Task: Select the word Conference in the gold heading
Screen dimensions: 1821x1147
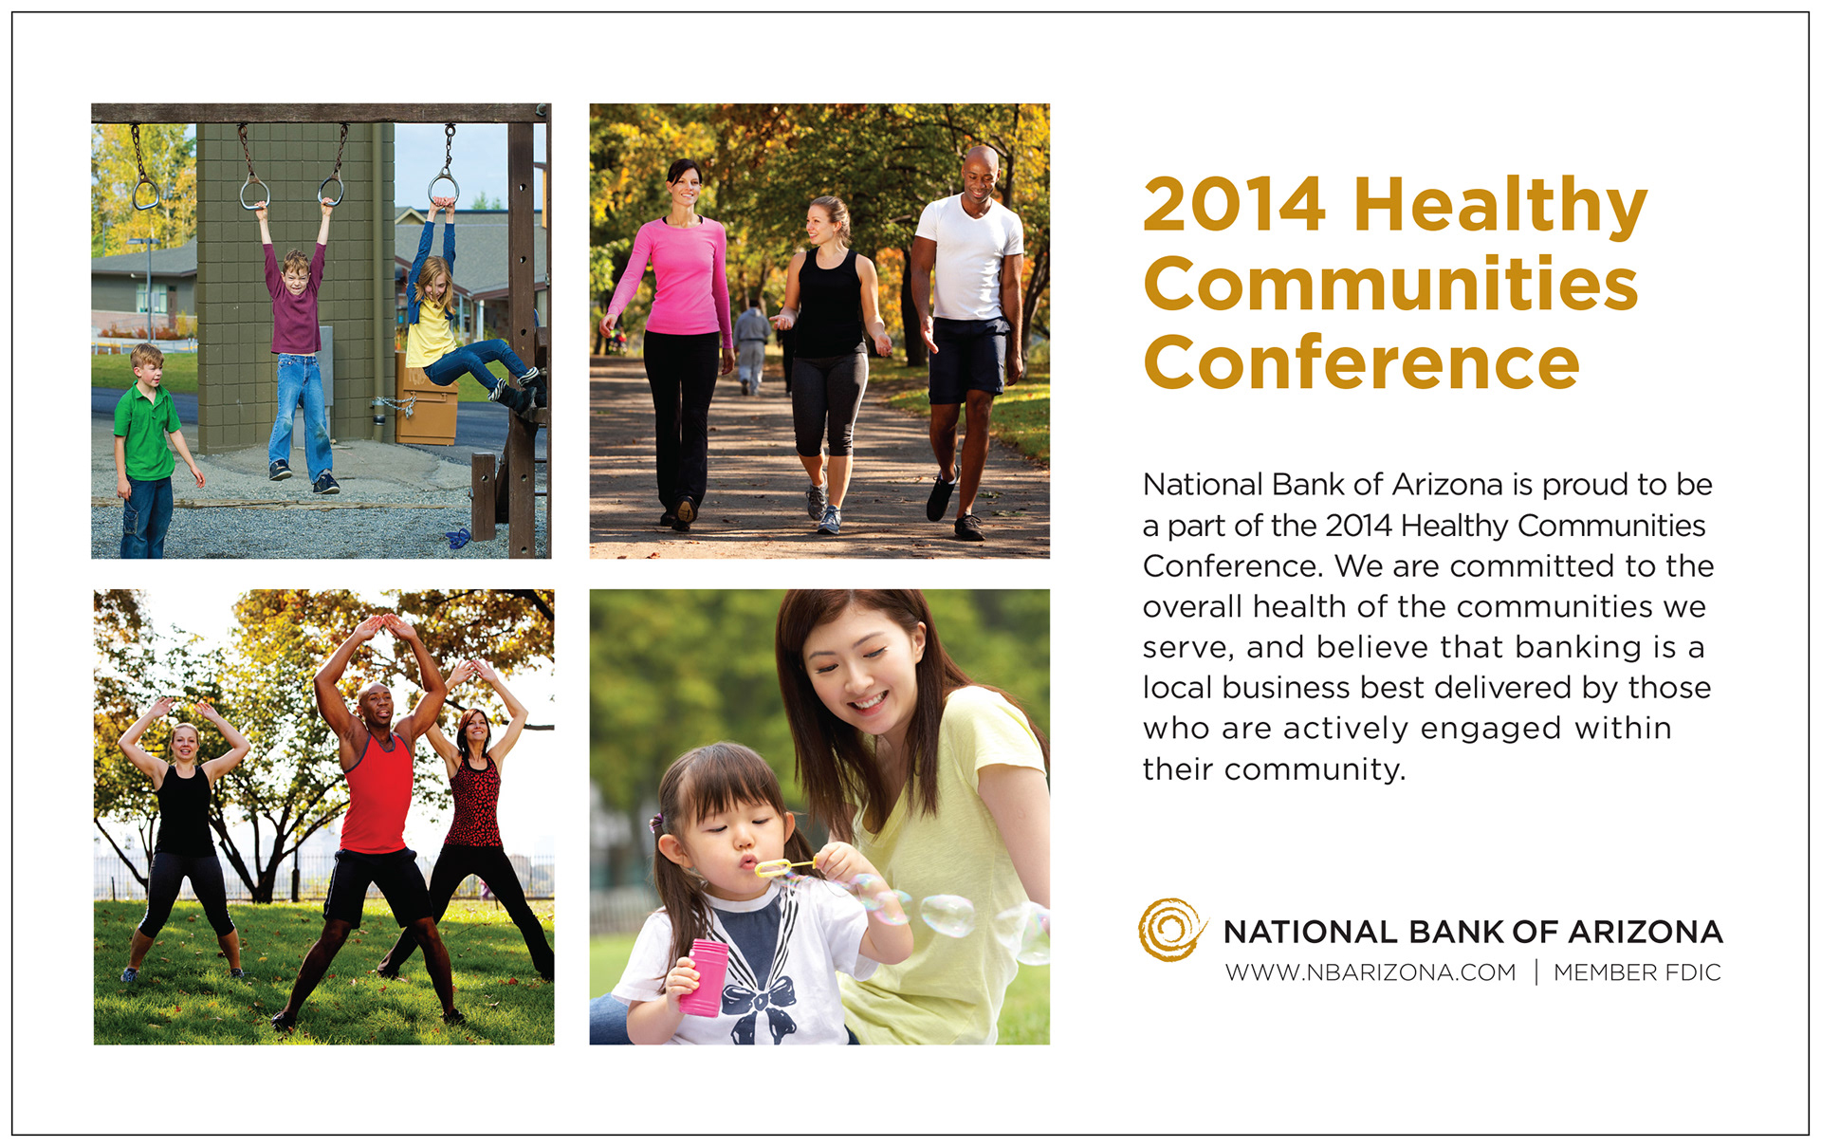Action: point(1362,362)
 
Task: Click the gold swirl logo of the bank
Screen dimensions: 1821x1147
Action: point(1171,929)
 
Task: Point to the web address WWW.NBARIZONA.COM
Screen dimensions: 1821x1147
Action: point(1370,972)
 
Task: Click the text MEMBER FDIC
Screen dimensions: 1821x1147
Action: point(1637,972)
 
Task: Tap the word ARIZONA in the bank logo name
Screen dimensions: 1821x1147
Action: point(1646,932)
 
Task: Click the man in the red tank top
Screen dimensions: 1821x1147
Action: point(375,816)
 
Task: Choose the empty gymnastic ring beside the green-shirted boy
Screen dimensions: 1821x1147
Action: point(145,194)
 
